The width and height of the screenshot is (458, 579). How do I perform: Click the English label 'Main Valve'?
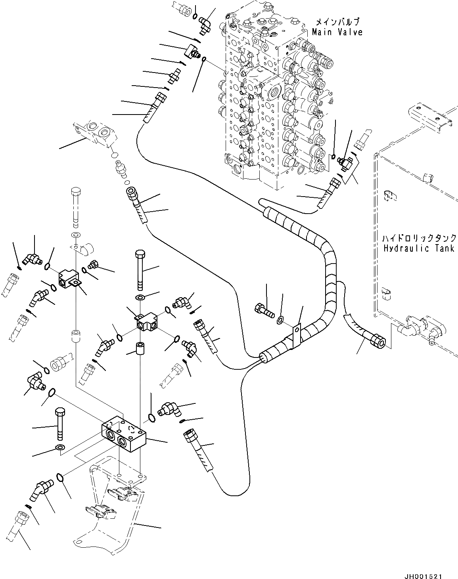[x=337, y=32]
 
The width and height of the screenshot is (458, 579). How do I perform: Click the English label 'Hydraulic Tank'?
[x=419, y=248]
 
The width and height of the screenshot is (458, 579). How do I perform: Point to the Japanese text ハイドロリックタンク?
[x=419, y=238]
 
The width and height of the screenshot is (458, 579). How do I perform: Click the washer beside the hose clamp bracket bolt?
[x=280, y=319]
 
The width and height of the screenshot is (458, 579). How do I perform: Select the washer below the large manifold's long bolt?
[x=59, y=448]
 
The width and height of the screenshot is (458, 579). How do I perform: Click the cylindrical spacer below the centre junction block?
[x=139, y=349]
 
